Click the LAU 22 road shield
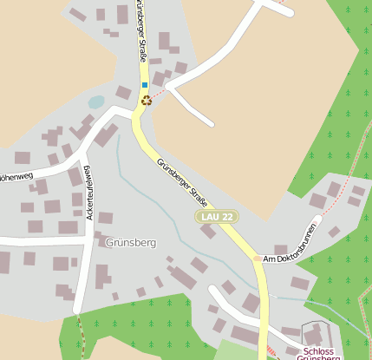216,216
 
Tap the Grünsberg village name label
130,243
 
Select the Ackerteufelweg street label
89,192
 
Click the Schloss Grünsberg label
318,352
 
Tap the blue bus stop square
144,85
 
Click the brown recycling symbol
146,101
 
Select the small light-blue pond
95,102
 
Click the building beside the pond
123,92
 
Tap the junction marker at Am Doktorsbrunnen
257,259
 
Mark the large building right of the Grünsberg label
181,278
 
